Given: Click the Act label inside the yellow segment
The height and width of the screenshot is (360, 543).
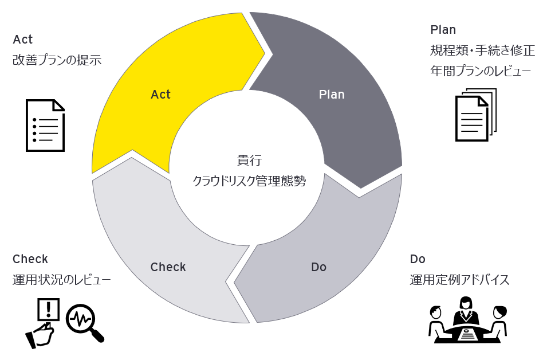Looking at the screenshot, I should (x=160, y=95).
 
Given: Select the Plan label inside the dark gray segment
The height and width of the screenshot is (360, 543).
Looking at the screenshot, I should (x=332, y=95).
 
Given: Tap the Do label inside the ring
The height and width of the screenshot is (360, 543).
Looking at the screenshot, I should (x=318, y=267).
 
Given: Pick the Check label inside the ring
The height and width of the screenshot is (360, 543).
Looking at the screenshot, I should (x=168, y=267).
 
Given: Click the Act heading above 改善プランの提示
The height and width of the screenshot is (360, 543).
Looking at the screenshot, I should (x=23, y=40).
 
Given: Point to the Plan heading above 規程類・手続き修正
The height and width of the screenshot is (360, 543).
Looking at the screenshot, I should (x=443, y=30).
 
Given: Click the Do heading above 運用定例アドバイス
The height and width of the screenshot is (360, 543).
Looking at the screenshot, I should (x=418, y=259).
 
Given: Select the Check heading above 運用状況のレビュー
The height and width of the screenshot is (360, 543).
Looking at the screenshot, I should (x=30, y=259).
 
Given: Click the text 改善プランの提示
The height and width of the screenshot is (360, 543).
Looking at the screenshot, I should (x=57, y=60).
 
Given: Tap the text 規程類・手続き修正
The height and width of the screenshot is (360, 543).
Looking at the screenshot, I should (x=482, y=50).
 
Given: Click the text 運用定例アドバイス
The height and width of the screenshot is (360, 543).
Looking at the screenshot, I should (x=459, y=280).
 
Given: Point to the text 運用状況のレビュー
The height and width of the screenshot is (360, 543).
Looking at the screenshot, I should (x=61, y=280).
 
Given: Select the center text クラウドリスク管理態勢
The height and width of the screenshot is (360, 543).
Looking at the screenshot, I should (x=249, y=182).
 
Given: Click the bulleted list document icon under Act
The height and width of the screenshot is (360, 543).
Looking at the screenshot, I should (x=45, y=126).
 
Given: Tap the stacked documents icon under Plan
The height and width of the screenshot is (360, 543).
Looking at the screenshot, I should (x=475, y=114).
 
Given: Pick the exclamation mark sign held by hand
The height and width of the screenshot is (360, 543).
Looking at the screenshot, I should (x=48, y=310).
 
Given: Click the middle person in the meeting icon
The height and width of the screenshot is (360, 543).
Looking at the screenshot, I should (x=467, y=312).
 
